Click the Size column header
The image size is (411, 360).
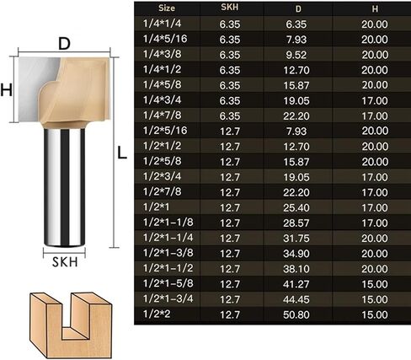coord(167,8)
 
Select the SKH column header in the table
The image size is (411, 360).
coord(230,8)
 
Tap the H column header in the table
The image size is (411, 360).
coord(375,9)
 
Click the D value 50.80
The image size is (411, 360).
coord(296,314)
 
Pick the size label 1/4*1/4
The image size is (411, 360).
coord(162,24)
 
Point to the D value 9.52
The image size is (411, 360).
coord(296,55)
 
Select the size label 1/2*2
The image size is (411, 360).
coord(157,314)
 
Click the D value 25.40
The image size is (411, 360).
coord(296,207)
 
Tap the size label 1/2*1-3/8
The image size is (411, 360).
coord(168,253)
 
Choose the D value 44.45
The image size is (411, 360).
coord(296,299)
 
